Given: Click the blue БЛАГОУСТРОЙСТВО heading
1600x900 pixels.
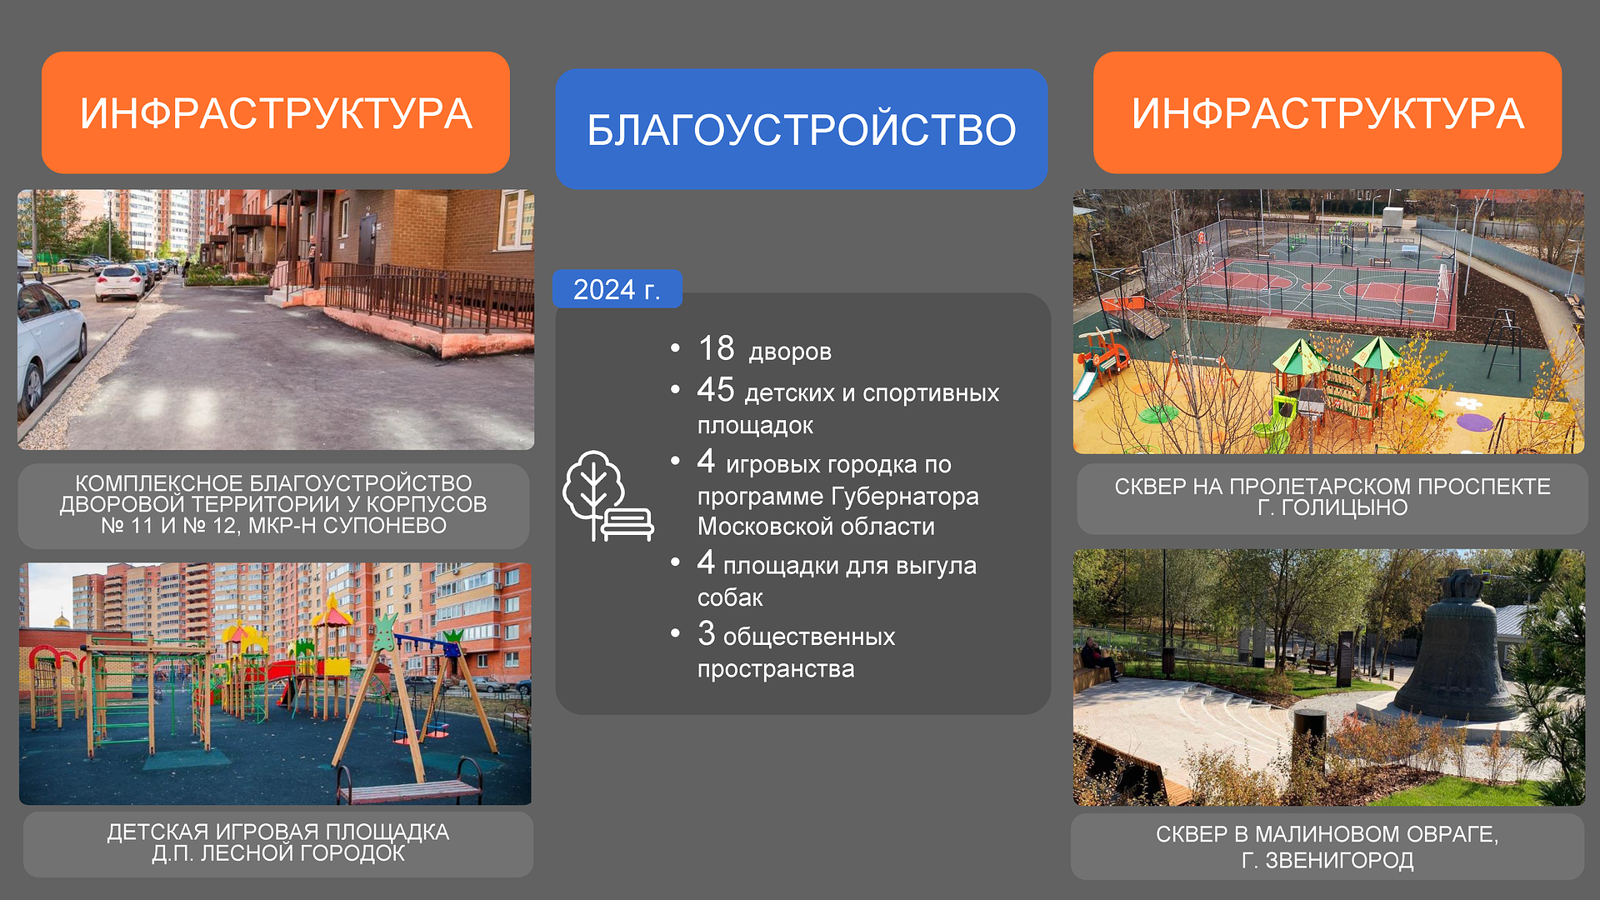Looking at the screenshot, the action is point(801,129).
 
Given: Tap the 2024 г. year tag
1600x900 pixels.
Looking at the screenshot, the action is point(617,289).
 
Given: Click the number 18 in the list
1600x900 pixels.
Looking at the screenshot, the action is point(716,348).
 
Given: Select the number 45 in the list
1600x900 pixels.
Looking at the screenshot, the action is point(716,389).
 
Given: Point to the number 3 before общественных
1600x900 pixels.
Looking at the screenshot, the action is point(707,633).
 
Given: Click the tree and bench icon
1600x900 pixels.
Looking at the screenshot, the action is point(607,496).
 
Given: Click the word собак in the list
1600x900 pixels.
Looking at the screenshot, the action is point(730,597).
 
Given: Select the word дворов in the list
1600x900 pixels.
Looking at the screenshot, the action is point(790,352).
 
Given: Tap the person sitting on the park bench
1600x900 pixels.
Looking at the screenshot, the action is point(1098,659).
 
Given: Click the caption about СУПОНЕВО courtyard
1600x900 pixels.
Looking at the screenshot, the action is point(273,505).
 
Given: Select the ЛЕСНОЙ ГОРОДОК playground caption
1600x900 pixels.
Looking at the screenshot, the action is point(278,843).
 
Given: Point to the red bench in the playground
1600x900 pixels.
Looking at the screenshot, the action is point(410,783).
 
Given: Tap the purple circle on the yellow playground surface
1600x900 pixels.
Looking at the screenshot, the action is point(1474,422).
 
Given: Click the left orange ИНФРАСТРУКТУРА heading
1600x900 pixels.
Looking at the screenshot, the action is point(276,112).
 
